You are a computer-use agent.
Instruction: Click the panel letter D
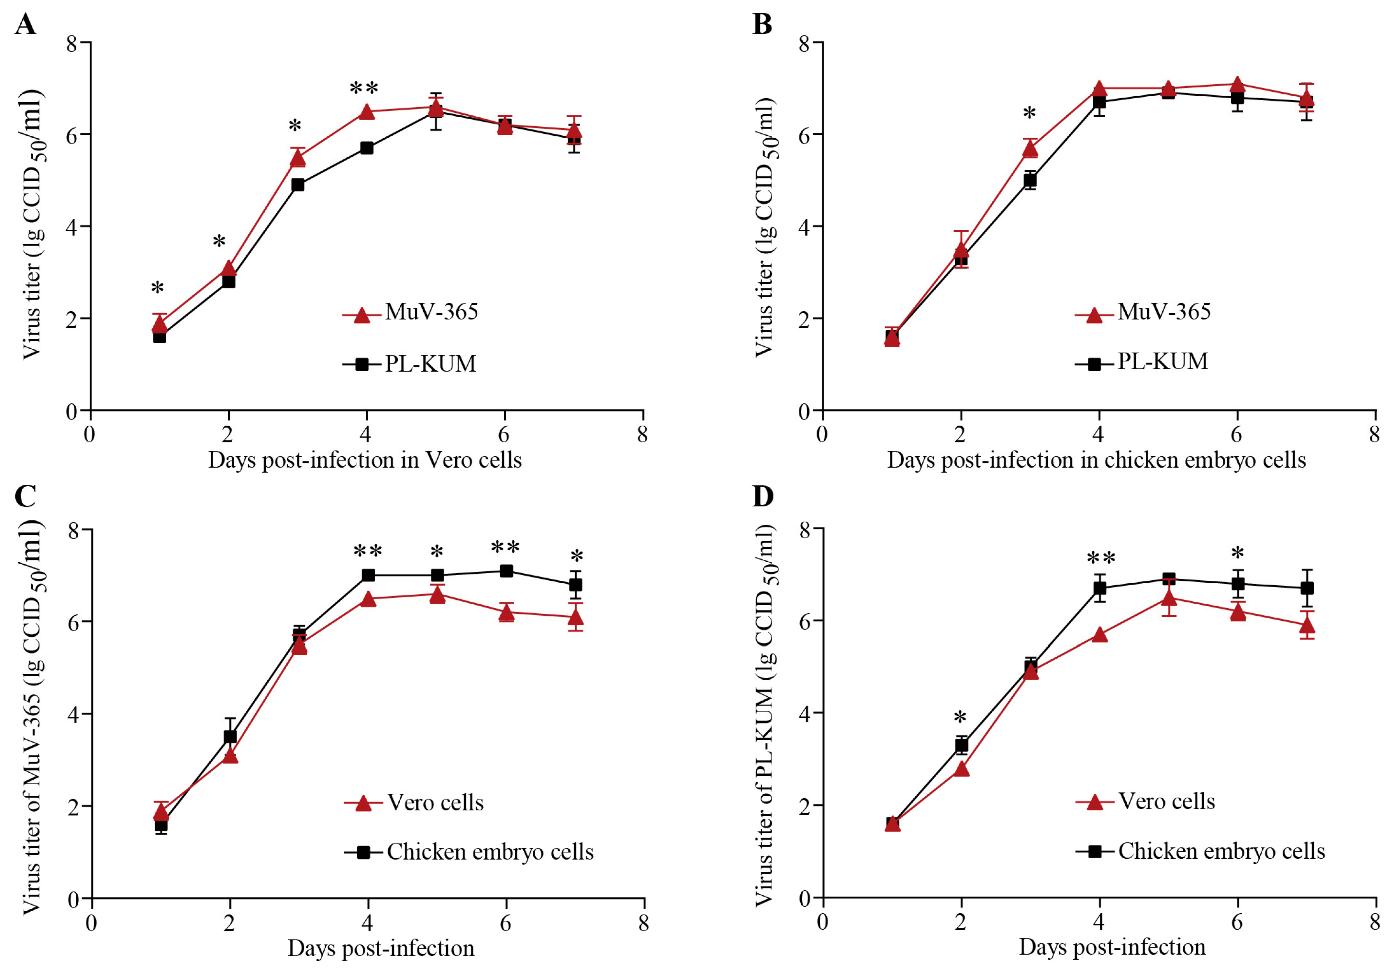point(763,496)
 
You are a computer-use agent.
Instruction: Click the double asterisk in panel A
point(364,89)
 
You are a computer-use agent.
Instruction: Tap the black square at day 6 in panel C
point(506,571)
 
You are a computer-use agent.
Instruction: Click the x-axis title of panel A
point(365,460)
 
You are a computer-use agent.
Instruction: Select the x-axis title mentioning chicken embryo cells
point(1097,460)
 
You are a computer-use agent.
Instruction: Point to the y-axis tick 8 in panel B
point(805,43)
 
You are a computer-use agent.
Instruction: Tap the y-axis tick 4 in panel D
point(805,713)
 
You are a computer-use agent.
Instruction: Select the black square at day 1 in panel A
point(160,336)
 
